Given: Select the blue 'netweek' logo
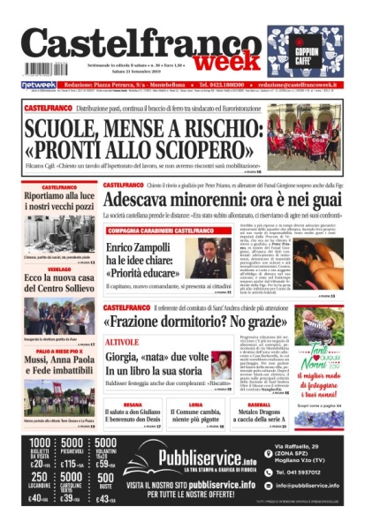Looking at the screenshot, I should (x=38, y=84).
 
